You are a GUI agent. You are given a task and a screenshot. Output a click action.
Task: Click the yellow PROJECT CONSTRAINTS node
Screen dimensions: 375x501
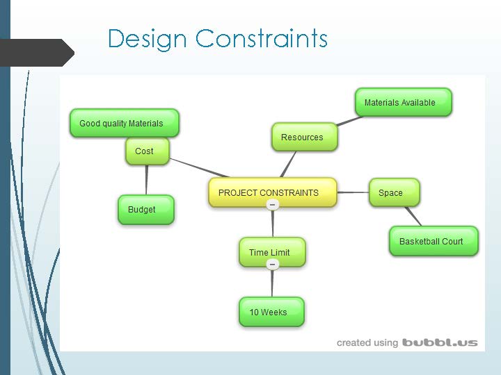[272, 192]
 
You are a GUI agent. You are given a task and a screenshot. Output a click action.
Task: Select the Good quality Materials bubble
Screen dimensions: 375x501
[124, 123]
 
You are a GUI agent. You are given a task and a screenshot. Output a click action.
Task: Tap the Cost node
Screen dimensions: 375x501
[146, 151]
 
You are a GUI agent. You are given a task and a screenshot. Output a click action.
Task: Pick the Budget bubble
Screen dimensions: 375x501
[145, 209]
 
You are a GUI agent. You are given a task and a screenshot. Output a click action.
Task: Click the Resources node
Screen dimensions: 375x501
[303, 137]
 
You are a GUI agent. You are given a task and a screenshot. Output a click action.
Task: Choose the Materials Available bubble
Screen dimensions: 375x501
[402, 102]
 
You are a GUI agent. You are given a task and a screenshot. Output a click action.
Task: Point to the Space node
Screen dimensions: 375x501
[394, 192]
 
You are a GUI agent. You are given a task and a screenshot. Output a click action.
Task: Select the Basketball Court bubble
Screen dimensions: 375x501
[433, 241]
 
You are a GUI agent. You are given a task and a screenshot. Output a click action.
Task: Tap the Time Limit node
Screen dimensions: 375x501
[271, 252]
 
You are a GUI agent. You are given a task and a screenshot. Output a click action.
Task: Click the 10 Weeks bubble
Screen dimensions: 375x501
[271, 312]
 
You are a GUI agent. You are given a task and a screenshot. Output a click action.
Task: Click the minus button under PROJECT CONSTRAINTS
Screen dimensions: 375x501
[273, 205]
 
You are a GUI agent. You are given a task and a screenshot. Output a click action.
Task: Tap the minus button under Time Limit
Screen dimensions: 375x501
[273, 265]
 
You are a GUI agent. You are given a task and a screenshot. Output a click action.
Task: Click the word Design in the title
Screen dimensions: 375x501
[148, 38]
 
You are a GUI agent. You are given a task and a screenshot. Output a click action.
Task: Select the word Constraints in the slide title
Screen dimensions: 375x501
[262, 38]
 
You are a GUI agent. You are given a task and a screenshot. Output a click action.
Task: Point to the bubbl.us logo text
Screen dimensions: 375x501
[440, 342]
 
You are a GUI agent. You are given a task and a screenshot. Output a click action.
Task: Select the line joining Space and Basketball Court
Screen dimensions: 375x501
[413, 216]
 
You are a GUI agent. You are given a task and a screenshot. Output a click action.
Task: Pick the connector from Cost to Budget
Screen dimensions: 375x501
[146, 180]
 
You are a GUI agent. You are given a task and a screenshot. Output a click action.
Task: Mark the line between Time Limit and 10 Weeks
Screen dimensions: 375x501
[272, 283]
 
